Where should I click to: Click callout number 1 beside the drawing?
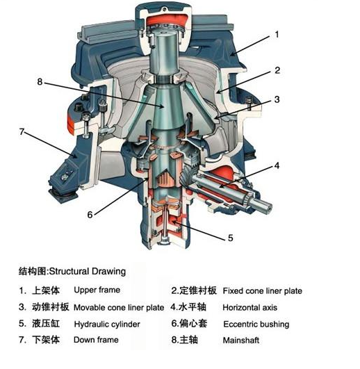tap(277, 35)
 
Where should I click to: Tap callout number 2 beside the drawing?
tap(277, 70)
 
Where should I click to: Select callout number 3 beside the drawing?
tap(277, 99)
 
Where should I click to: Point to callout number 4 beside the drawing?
tap(277, 165)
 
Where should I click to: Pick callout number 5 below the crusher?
tap(230, 238)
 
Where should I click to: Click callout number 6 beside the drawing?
tap(90, 215)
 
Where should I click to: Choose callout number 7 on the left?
tap(22, 131)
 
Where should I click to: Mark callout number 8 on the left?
tap(40, 82)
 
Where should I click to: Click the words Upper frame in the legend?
tap(97, 290)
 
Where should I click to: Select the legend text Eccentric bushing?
tap(256, 325)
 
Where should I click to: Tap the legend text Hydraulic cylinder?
tap(107, 325)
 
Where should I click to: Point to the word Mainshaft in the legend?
tap(241, 341)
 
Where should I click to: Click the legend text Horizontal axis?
tap(250, 308)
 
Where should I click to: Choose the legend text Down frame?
tap(96, 340)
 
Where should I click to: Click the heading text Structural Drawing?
tap(88, 271)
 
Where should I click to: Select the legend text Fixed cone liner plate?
tap(262, 291)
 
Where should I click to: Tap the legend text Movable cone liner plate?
tap(119, 308)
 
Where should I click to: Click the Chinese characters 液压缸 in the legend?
tap(46, 324)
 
